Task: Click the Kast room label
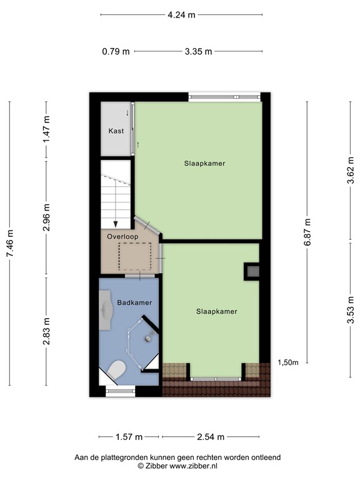click(116, 131)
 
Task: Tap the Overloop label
click(122, 237)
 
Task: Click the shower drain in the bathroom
click(148, 338)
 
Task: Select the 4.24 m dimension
click(181, 14)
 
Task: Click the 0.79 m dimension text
click(116, 52)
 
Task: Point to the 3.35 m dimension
click(198, 52)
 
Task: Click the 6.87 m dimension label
click(307, 231)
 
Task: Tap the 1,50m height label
click(287, 362)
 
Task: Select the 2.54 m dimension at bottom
click(211, 437)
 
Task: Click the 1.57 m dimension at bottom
click(129, 437)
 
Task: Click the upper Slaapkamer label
click(204, 163)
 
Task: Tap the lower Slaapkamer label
click(216, 311)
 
